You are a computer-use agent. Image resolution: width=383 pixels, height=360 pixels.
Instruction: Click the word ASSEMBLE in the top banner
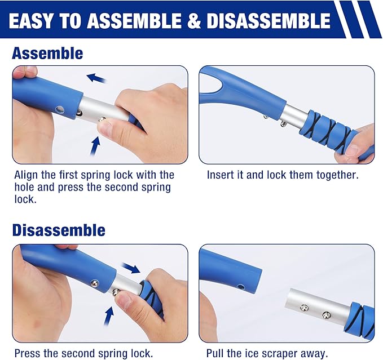coord(134,20)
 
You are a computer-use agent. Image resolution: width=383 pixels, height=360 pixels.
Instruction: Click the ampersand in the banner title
coord(194,20)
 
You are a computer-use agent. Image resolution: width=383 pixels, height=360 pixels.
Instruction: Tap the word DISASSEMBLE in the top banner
coord(268,20)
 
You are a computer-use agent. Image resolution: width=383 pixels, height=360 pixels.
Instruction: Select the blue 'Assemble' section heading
coord(47,53)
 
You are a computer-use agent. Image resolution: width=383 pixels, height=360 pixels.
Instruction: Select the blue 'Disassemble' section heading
coord(59,230)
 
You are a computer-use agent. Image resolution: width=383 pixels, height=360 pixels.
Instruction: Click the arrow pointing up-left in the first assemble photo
coord(96,78)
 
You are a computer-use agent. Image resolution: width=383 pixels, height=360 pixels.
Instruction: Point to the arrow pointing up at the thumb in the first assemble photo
coord(95,145)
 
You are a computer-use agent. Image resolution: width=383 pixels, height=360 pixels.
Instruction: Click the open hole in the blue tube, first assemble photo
coord(59,110)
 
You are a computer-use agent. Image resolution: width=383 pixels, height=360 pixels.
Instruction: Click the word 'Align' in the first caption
coord(26,175)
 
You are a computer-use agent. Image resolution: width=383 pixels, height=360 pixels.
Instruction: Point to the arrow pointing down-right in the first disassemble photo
coord(131,268)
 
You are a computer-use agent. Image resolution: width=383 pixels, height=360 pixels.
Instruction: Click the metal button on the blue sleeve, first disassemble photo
coord(95,283)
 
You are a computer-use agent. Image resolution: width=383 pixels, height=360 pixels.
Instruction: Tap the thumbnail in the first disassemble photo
coord(125,301)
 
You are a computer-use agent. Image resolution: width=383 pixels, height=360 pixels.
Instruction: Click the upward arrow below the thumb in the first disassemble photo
coord(109,315)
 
